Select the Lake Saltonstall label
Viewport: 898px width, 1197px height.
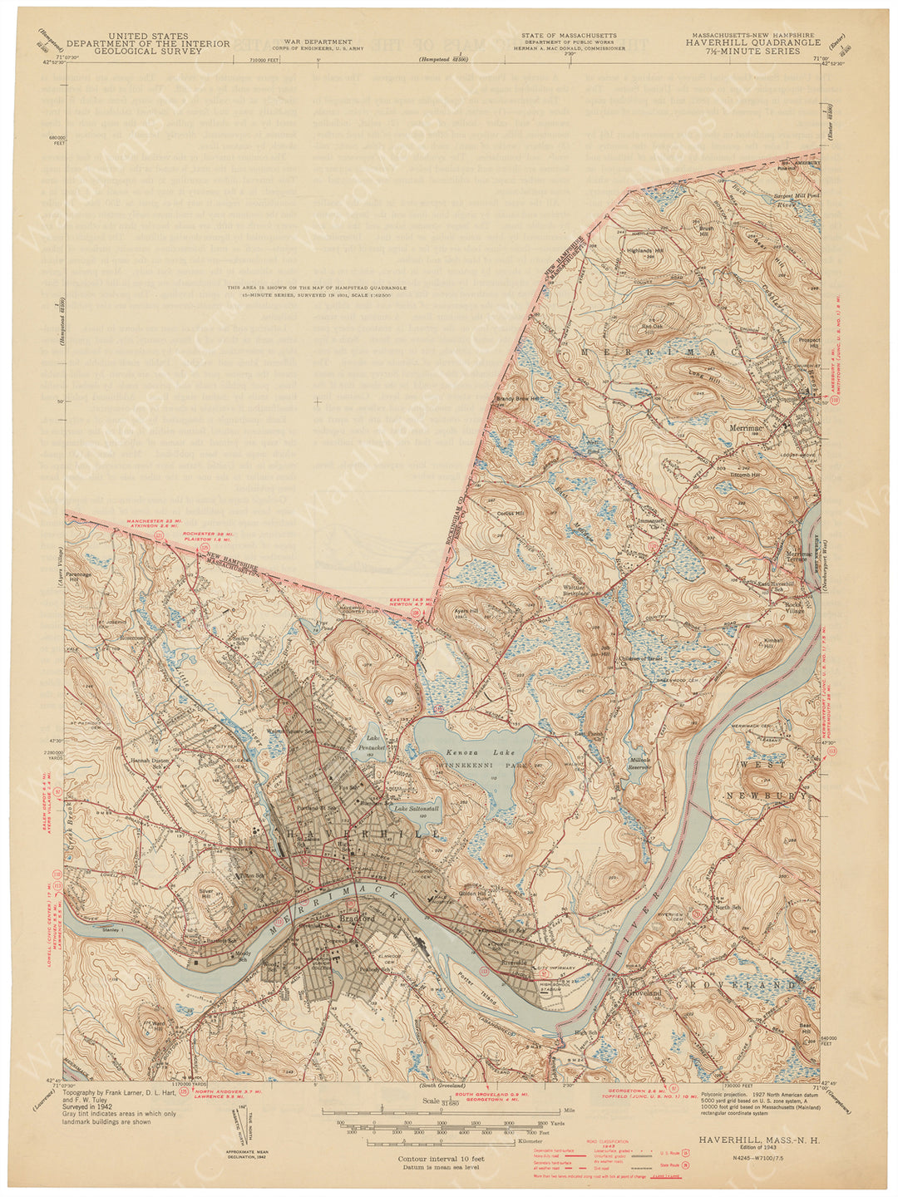click(x=416, y=808)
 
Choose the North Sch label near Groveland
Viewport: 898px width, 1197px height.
click(x=728, y=907)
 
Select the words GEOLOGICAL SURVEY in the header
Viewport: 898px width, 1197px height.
click(x=148, y=51)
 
